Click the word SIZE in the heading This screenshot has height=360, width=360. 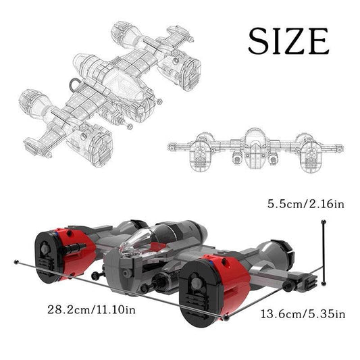pyautogui.click(x=288, y=42)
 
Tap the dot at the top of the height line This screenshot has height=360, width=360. pyautogui.click(x=325, y=224)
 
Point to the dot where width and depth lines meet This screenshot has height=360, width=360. pyautogui.click(x=227, y=315)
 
